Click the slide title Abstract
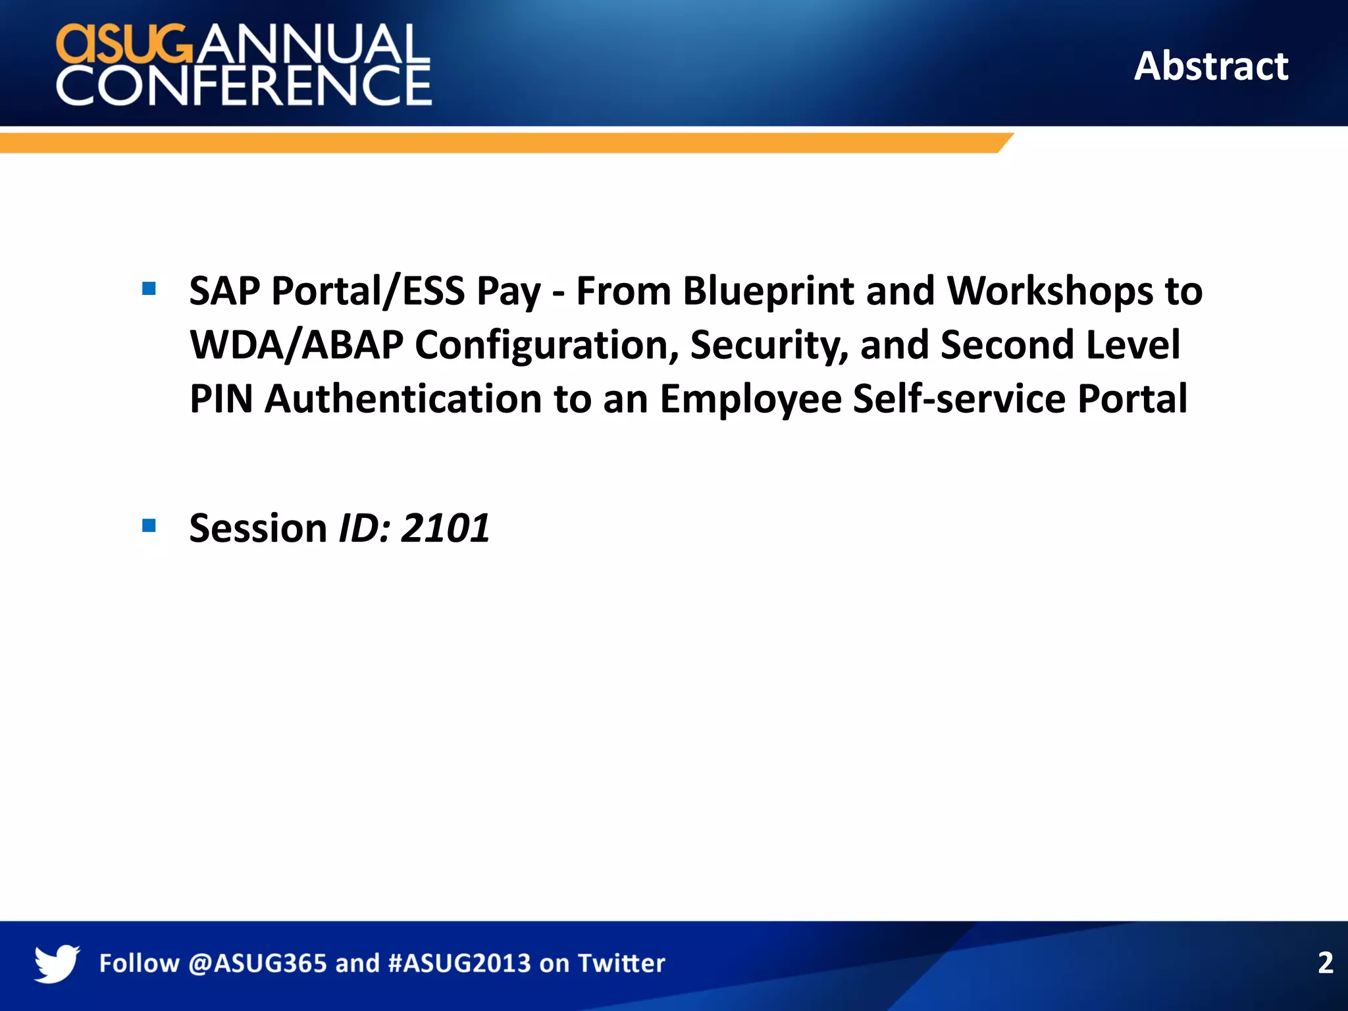coord(1210,66)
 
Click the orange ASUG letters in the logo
coord(125,44)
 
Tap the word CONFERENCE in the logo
coord(244,86)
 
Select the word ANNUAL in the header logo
coord(312,44)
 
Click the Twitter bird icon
coord(57,963)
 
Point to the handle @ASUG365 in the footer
coord(257,964)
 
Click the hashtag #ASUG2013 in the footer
coord(459,964)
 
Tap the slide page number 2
coord(1325,963)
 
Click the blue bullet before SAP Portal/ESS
coord(149,288)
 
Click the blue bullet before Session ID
coord(149,525)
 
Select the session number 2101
coord(445,528)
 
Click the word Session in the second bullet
coord(258,528)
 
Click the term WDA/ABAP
coord(296,345)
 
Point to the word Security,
coord(769,345)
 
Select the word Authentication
coord(403,399)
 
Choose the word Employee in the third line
coord(750,399)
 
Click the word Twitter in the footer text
coord(621,964)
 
